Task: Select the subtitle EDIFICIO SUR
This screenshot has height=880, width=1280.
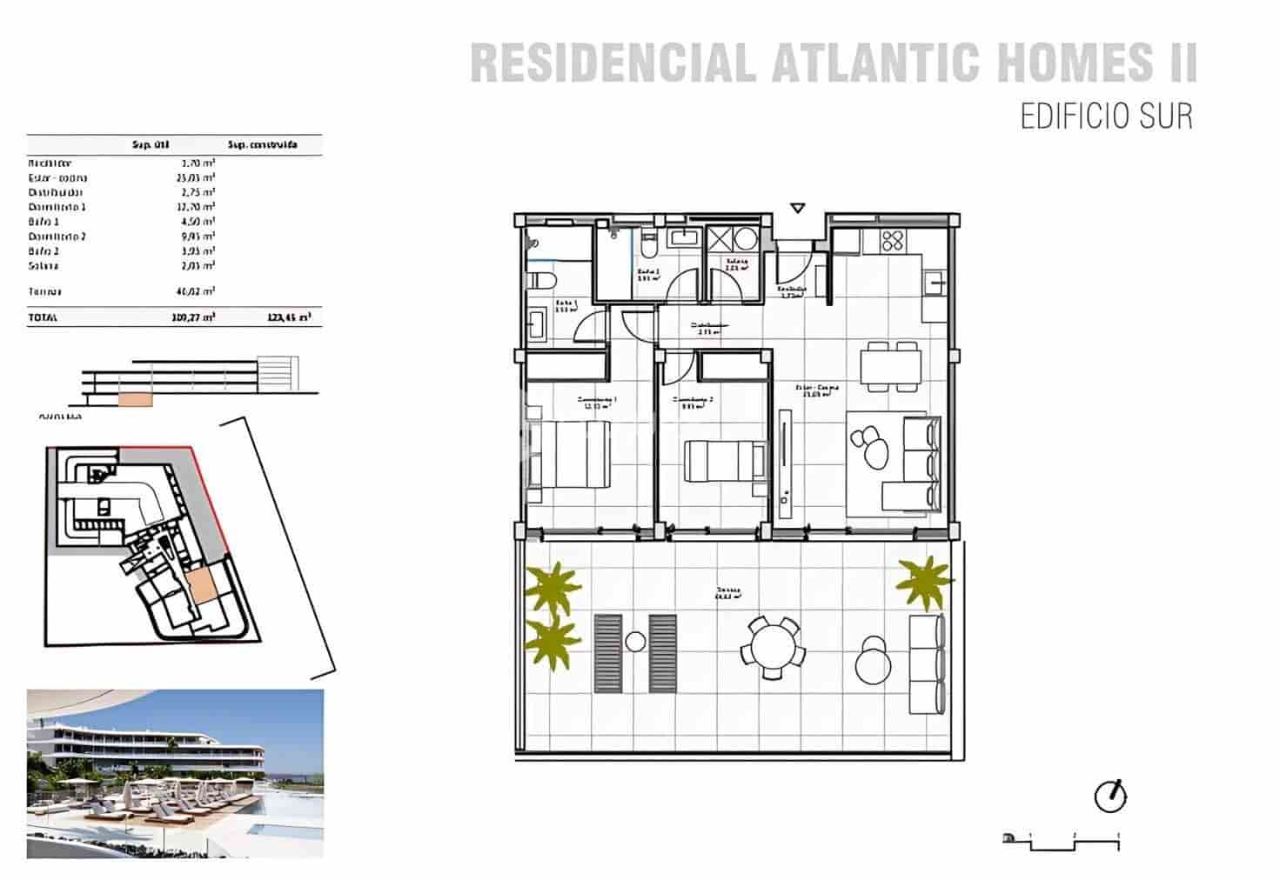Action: click(1106, 117)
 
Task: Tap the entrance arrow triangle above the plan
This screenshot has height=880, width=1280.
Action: click(798, 208)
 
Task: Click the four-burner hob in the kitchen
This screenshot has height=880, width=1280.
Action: click(892, 241)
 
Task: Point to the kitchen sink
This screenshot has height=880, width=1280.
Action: click(935, 282)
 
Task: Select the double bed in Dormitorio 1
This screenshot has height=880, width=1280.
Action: click(568, 454)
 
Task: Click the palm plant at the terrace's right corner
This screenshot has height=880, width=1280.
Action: click(925, 581)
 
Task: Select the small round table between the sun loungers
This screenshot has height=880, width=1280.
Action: click(635, 643)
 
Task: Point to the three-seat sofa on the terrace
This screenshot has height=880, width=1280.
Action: click(927, 663)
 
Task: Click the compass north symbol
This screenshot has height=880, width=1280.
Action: click(1110, 796)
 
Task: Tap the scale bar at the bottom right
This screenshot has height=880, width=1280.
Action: click(1062, 839)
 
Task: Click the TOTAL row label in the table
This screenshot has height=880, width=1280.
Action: click(43, 318)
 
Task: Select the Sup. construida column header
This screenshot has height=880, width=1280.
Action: click(262, 144)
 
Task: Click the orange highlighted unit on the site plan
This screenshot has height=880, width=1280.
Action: click(201, 586)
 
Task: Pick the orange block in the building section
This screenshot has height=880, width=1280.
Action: click(135, 399)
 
